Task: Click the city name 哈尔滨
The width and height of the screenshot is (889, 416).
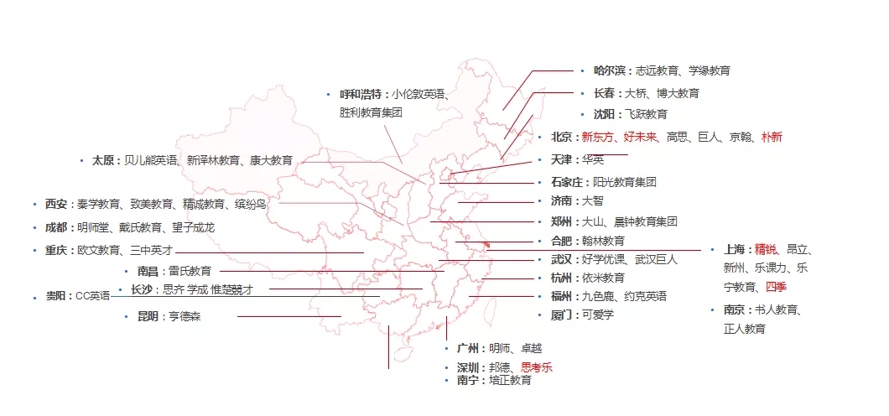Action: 610,70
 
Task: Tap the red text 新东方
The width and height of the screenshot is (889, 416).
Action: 598,137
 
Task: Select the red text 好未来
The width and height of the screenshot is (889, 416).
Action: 640,137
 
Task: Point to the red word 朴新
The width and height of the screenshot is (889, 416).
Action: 772,137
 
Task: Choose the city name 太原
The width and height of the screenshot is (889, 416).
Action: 103,160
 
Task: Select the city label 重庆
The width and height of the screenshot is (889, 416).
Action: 56,250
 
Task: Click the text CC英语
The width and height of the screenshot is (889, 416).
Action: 93,296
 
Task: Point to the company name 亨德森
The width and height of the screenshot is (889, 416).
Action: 185,317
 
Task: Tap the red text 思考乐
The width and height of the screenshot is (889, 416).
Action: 537,367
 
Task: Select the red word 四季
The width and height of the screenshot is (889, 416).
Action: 776,287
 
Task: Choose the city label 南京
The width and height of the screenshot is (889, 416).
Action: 735,310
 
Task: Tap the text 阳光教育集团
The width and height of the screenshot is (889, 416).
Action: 625,183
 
